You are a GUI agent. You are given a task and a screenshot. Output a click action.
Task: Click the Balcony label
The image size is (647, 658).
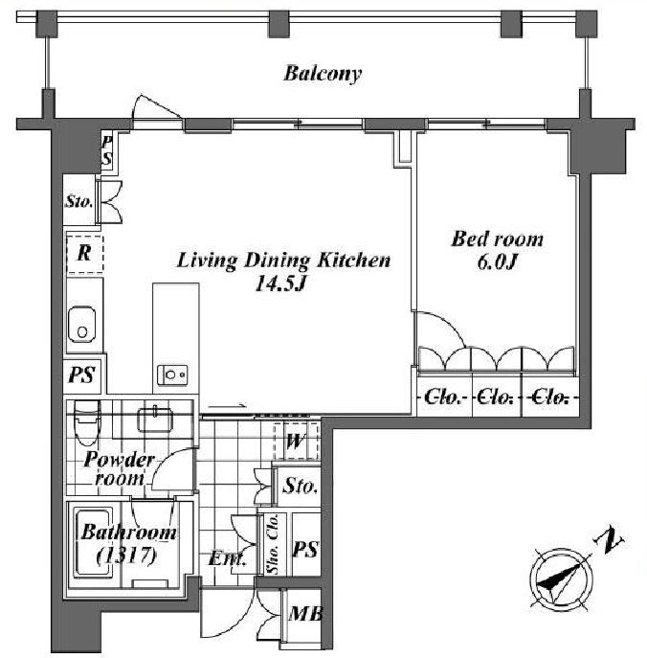(x=323, y=74)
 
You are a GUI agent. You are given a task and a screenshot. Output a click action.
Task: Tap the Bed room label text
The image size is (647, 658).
(x=497, y=238)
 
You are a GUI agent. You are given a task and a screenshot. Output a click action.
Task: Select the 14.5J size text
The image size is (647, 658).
(x=281, y=284)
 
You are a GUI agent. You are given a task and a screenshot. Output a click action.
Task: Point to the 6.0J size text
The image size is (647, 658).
(x=497, y=262)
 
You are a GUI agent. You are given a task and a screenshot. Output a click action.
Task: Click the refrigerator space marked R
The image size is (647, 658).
(x=84, y=254)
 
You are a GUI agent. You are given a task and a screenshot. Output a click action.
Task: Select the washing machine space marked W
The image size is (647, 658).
(x=295, y=441)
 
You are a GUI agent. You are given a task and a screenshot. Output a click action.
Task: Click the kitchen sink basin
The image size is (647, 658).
(x=81, y=326)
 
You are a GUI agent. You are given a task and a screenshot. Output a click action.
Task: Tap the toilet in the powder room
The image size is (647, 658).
(x=87, y=420)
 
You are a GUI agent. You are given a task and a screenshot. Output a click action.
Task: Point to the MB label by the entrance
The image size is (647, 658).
(x=305, y=614)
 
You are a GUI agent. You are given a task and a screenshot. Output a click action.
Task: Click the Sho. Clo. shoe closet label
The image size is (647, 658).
(x=273, y=544)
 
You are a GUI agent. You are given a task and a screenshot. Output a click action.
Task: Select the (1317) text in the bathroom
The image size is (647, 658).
(x=126, y=556)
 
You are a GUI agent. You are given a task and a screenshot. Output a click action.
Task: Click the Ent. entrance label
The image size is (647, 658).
(x=227, y=559)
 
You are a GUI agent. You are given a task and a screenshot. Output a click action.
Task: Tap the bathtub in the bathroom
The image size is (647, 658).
(x=93, y=544)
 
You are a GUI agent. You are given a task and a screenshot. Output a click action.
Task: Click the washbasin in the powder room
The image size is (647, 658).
(x=155, y=420)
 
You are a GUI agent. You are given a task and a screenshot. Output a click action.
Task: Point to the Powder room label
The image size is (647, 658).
(x=119, y=468)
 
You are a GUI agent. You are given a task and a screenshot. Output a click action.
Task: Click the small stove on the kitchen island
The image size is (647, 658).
(x=172, y=374)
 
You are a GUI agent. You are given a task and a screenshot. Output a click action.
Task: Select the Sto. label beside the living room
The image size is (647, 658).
(x=78, y=201)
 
